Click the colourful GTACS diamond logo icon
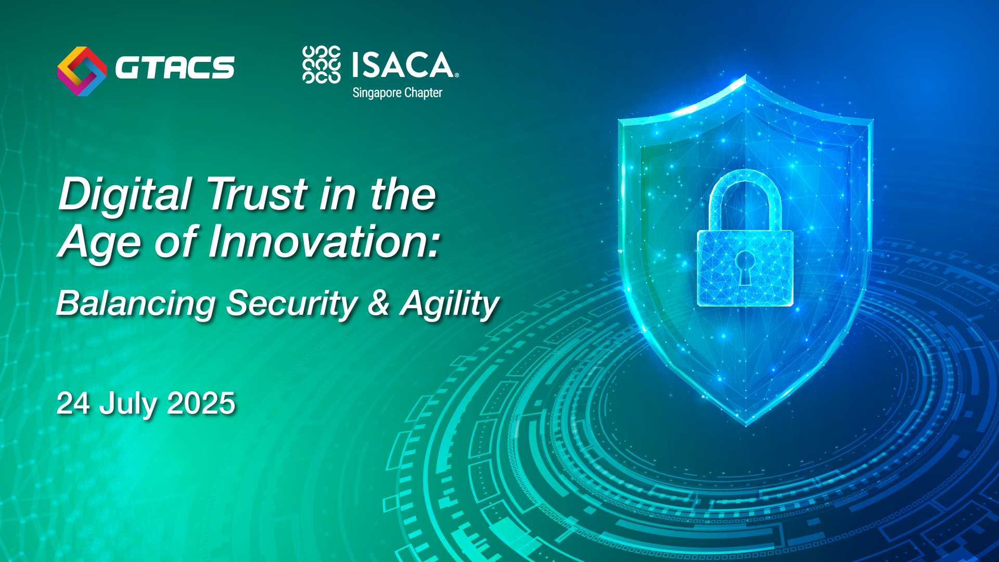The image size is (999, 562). [x=82, y=71]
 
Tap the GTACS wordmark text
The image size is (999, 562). [x=175, y=68]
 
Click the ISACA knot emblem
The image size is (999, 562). [x=322, y=65]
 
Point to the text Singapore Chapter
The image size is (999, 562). [x=398, y=93]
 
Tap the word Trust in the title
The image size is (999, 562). [x=258, y=194]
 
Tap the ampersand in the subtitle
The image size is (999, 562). [x=378, y=303]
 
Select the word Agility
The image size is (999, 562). [x=449, y=305]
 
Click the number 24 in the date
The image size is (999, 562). [x=73, y=403]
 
